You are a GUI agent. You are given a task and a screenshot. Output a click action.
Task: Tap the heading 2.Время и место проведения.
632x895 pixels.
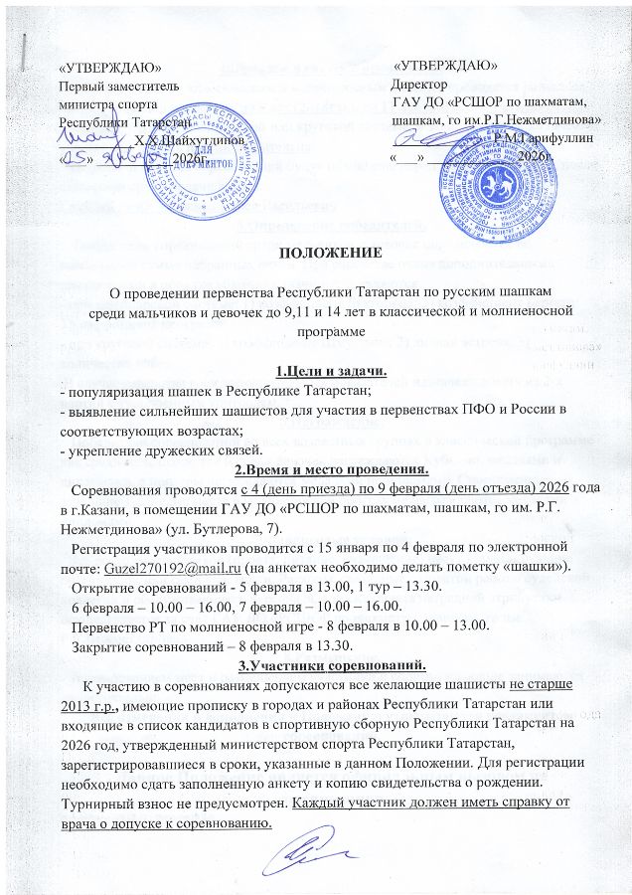315,469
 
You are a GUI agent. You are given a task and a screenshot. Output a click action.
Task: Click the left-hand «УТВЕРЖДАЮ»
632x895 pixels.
111,68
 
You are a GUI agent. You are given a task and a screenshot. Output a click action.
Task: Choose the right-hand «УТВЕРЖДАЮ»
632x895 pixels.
446,65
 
